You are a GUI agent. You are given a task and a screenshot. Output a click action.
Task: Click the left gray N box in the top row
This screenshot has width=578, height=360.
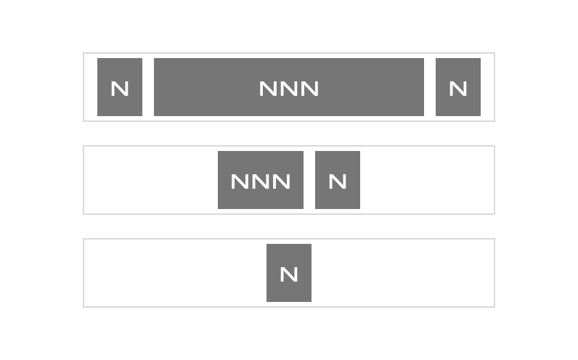[120, 87]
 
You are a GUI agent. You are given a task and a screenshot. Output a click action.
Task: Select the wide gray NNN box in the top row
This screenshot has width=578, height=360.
[289, 87]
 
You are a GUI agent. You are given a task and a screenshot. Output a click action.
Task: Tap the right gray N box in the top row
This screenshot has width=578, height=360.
[458, 87]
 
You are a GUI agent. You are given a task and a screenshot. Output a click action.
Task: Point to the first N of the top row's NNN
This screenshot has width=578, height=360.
[269, 89]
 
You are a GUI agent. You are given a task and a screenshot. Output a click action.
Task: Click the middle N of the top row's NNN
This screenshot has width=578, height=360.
[289, 89]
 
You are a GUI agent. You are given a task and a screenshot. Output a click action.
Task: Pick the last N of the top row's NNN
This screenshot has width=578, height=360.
[309, 89]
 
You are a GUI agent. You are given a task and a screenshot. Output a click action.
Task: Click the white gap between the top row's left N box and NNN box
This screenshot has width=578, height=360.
[148, 87]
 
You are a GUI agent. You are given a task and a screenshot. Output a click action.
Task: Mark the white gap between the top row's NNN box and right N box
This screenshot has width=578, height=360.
[430, 87]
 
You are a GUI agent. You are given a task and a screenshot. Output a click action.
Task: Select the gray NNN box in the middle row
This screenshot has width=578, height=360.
[261, 180]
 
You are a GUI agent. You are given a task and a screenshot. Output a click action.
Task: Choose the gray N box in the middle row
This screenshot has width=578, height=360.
[338, 180]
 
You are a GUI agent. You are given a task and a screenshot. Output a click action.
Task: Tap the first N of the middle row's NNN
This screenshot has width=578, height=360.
[240, 181]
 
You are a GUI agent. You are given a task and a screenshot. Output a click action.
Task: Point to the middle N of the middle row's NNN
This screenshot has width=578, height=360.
[261, 181]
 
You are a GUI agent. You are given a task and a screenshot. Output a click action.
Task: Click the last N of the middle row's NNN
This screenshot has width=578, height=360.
[281, 181]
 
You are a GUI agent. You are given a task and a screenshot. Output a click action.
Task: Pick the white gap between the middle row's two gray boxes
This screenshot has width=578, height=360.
[309, 180]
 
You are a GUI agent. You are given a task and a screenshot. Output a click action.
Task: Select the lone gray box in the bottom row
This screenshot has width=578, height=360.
[289, 273]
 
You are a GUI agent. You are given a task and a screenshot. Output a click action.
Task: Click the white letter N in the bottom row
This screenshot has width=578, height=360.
[289, 274]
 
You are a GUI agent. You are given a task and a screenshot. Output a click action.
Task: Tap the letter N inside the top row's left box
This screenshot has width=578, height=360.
[120, 89]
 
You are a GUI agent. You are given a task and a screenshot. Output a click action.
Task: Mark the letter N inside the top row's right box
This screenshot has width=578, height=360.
[458, 89]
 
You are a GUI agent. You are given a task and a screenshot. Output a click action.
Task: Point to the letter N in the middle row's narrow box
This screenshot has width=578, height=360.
[338, 181]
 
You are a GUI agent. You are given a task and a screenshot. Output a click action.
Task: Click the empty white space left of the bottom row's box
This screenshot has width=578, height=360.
[175, 273]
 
